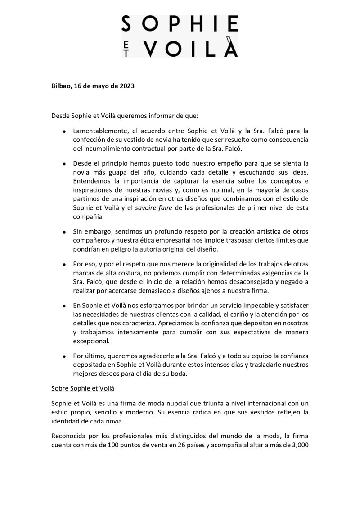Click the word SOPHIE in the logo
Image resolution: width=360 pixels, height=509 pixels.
click(180, 24)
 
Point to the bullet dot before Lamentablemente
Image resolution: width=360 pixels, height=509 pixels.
click(65, 131)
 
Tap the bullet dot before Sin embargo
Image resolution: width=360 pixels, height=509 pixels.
click(65, 232)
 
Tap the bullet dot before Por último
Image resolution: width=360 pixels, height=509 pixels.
click(65, 356)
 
